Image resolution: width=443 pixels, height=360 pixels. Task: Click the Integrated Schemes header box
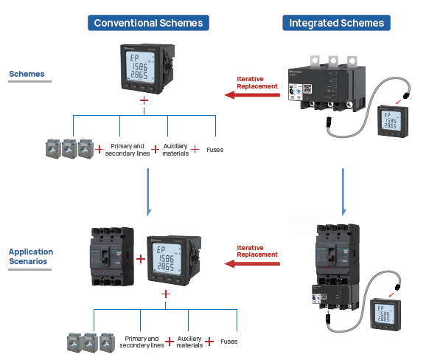337,23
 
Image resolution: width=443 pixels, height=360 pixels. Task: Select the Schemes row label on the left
27,74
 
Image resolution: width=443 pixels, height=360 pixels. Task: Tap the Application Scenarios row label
31,256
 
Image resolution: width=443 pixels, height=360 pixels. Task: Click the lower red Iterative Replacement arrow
252,263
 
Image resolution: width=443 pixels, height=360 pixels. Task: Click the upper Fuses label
215,150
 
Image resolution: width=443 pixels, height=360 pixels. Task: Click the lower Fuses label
229,342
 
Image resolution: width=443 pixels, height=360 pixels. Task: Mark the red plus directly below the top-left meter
144,99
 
